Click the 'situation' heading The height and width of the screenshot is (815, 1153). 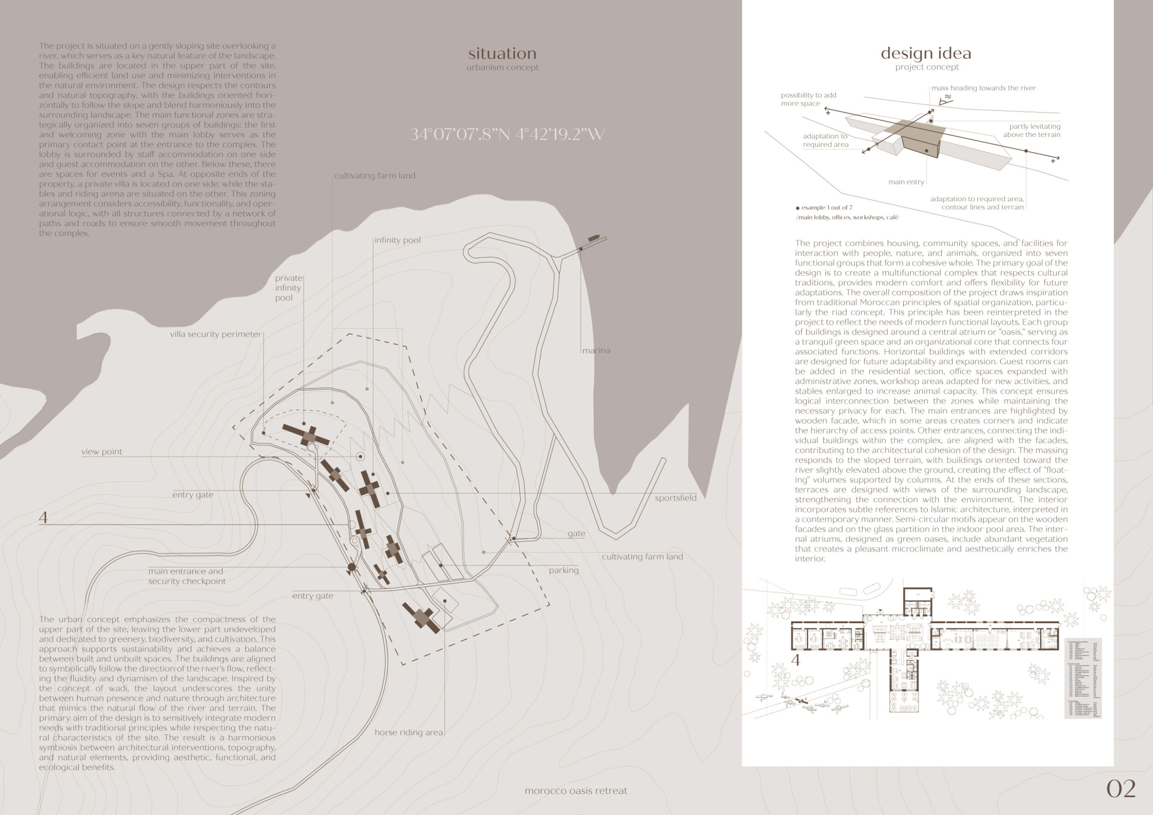[502, 53]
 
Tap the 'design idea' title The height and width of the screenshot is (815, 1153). [926, 53]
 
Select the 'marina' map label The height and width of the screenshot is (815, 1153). [596, 350]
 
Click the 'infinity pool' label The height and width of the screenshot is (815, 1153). [397, 240]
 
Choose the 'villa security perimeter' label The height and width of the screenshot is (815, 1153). [215, 334]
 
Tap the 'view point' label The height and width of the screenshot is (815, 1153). [101, 452]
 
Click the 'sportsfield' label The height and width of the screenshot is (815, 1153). [676, 498]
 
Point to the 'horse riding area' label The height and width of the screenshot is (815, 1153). [409, 732]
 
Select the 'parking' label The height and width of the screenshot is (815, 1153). [564, 570]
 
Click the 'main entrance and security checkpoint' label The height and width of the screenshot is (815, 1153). [187, 576]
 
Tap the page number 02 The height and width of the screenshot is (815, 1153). [1121, 789]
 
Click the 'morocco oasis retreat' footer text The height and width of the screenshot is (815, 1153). [576, 791]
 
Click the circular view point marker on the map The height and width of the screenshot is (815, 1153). [360, 456]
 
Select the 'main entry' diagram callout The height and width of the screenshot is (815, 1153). [906, 182]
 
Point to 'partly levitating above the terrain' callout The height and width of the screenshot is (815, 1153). [1031, 130]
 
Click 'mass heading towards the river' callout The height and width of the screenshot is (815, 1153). [983, 89]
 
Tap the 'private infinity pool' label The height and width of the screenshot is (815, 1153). [288, 288]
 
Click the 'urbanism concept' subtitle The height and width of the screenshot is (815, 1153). [502, 67]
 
